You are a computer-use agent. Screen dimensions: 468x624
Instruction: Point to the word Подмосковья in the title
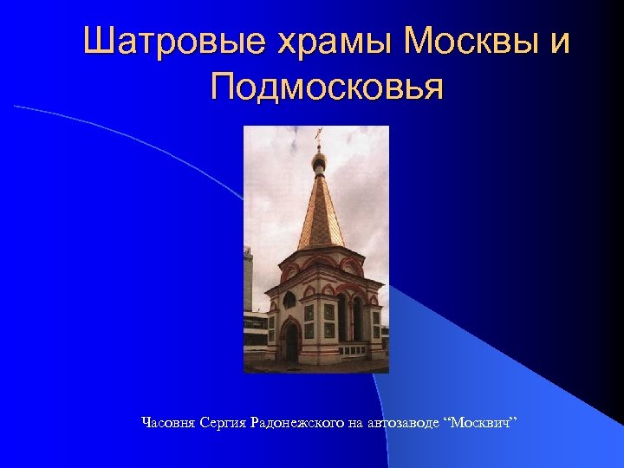pos(327,87)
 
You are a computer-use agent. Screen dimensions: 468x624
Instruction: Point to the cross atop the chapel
pos(319,134)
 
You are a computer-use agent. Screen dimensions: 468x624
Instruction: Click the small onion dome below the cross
pos(319,160)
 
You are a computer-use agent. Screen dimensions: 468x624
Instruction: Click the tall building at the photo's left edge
pos(247,277)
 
